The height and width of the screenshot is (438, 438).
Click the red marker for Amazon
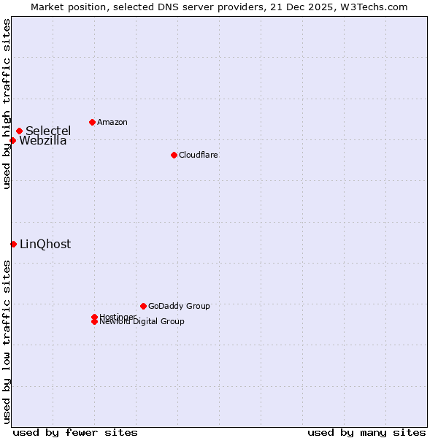point(92,122)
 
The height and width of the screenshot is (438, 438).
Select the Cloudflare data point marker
point(174,155)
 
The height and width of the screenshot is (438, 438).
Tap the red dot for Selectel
point(19,131)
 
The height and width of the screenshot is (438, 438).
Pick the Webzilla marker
point(12,140)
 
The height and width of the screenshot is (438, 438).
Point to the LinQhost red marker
point(13,244)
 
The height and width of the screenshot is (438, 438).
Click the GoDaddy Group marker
point(143,306)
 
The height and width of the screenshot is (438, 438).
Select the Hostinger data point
point(94,317)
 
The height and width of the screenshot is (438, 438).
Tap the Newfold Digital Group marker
point(94,321)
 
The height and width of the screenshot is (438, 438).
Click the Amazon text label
point(112,122)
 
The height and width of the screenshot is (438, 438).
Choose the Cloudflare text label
point(198,155)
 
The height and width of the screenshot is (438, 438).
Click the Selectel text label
point(48,131)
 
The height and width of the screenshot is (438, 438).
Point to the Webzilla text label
point(42,141)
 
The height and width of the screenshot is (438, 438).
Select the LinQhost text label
point(45,245)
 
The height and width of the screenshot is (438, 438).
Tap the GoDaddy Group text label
point(179,306)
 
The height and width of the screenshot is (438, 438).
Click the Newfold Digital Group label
point(142,322)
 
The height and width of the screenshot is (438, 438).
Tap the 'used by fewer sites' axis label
point(75,432)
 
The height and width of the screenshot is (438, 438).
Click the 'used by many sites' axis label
point(366,432)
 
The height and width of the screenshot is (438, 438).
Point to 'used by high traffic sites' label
point(7,104)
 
